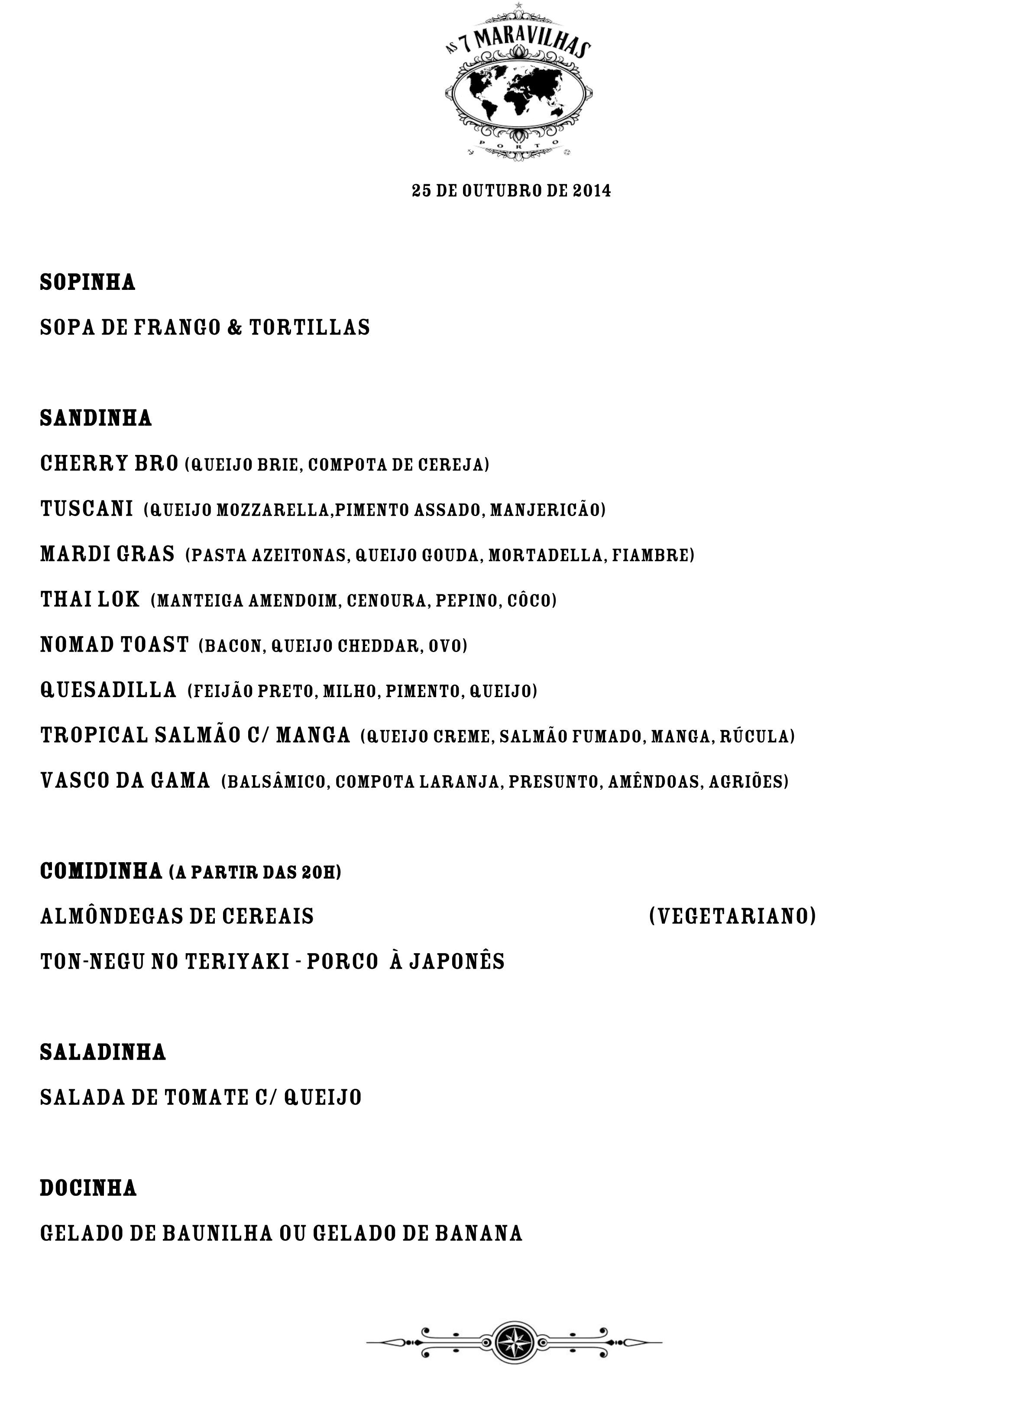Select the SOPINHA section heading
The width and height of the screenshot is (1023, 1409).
(x=87, y=282)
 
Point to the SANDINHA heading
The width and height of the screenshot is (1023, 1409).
(x=96, y=418)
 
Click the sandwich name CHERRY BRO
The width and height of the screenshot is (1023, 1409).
(x=109, y=464)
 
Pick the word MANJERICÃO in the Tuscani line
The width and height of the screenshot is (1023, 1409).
(x=547, y=510)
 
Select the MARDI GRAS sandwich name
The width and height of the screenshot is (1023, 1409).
(x=107, y=554)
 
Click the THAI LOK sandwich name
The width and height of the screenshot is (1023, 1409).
(x=90, y=600)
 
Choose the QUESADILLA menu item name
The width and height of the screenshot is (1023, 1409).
(x=109, y=690)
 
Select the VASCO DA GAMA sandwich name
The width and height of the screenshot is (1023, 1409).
(x=125, y=781)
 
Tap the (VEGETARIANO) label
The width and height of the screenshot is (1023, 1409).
(x=732, y=916)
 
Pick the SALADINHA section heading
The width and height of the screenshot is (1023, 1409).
(x=103, y=1052)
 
